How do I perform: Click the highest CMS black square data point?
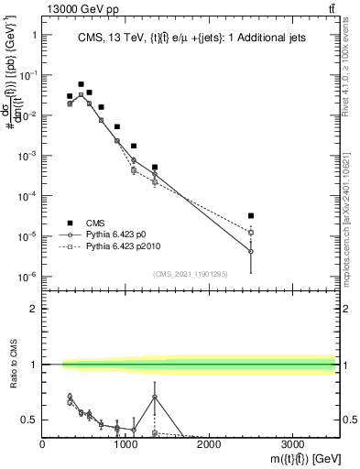tap(81, 84)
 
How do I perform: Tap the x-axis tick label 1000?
tap(125, 445)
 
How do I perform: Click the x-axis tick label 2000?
tap(209, 445)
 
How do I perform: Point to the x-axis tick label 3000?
tap(292, 445)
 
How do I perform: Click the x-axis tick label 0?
tap(42, 445)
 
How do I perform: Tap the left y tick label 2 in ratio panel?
tap(32, 309)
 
